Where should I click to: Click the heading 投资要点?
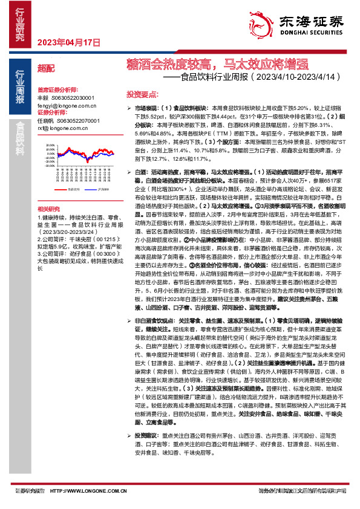click(x=142, y=94)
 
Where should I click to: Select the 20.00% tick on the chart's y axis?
click(x=48, y=146)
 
